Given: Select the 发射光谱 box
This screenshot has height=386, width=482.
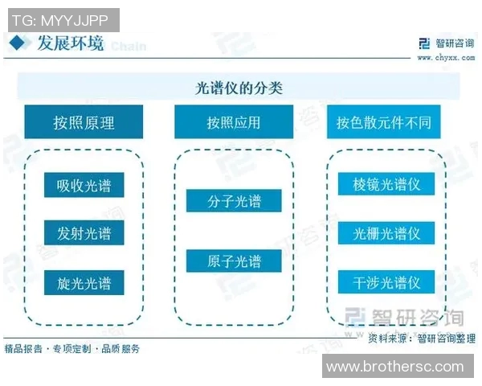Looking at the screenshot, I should [84, 234].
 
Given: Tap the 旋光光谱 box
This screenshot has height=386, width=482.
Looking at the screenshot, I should [84, 282].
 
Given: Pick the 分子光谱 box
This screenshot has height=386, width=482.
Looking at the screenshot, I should [234, 201].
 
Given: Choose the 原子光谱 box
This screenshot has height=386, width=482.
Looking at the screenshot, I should [234, 261].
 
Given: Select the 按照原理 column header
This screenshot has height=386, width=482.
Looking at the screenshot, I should [84, 122].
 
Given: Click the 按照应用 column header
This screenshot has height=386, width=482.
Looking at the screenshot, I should [234, 122].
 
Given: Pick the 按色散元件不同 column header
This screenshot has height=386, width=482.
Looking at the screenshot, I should [384, 122].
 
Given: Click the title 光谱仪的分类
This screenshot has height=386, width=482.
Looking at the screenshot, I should [239, 87].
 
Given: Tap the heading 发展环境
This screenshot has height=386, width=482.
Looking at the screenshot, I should [70, 43].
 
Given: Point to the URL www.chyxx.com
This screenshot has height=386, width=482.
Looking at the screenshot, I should [443, 57].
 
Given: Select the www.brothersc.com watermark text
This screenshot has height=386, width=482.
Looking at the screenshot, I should [394, 367].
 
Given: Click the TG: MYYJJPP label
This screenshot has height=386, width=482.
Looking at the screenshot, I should [61, 19].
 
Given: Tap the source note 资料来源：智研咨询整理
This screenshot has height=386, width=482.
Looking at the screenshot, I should [421, 339].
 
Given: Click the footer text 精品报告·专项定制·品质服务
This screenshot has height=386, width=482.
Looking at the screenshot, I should [72, 348].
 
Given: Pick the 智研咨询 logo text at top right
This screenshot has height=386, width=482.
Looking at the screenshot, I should [451, 43].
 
